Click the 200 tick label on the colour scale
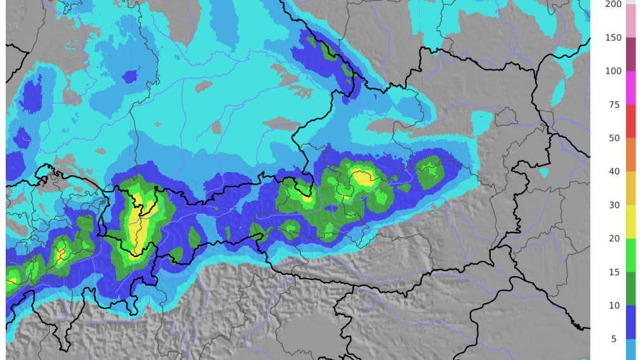[x=613, y=4]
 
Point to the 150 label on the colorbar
[x=613, y=37]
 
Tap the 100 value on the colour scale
[x=613, y=70]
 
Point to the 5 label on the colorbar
[x=614, y=339]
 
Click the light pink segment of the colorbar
[x=630, y=22]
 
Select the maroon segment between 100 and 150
[x=630, y=54]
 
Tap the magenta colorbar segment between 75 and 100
[x=630, y=88]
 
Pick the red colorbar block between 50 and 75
[x=630, y=121]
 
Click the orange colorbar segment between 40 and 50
[x=630, y=154]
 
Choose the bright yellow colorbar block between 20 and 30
[x=630, y=222]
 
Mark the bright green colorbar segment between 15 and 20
[x=630, y=255]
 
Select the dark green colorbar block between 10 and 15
[x=630, y=289]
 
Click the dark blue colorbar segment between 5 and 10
[x=630, y=322]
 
